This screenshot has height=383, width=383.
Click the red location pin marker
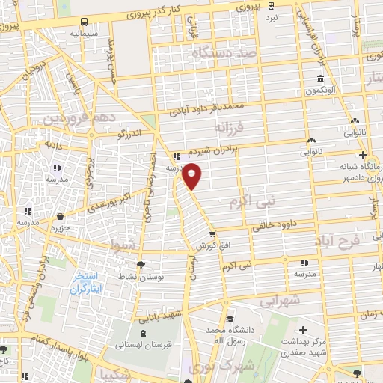pyautogui.click(x=193, y=176)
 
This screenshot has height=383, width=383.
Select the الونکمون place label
pyautogui.click(x=319, y=91)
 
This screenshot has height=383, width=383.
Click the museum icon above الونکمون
pyautogui.click(x=319, y=79)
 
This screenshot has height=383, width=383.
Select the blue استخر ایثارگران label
pyautogui.click(x=88, y=284)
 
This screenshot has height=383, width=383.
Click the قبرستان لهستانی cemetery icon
pyautogui.click(x=142, y=332)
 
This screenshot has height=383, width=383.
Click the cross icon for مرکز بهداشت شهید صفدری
pyautogui.click(x=303, y=330)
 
